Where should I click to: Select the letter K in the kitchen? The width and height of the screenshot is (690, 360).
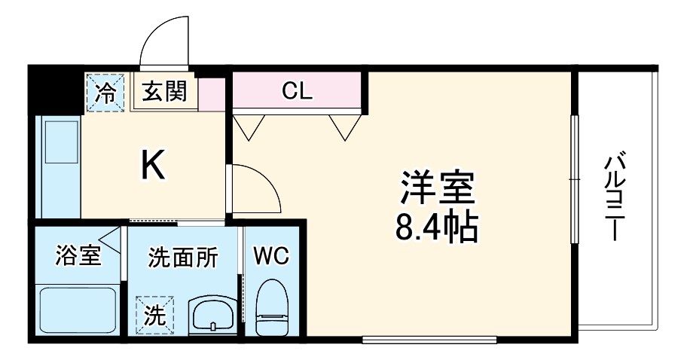pos(154,166)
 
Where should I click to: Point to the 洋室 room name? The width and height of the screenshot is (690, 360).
pos(438,189)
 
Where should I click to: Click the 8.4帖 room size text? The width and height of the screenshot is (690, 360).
pos(438,227)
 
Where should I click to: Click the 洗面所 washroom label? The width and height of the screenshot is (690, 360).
pos(182,257)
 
